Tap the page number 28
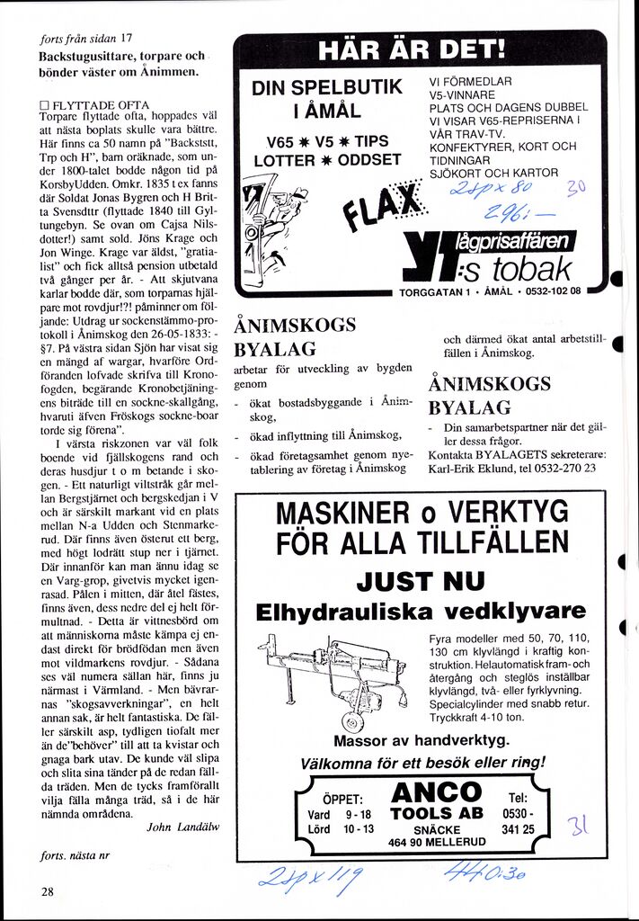(x=48, y=891)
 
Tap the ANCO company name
(x=437, y=793)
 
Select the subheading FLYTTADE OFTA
(x=100, y=105)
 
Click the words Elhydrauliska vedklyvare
(x=420, y=613)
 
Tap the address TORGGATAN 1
(x=434, y=291)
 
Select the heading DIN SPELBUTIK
(x=326, y=88)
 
